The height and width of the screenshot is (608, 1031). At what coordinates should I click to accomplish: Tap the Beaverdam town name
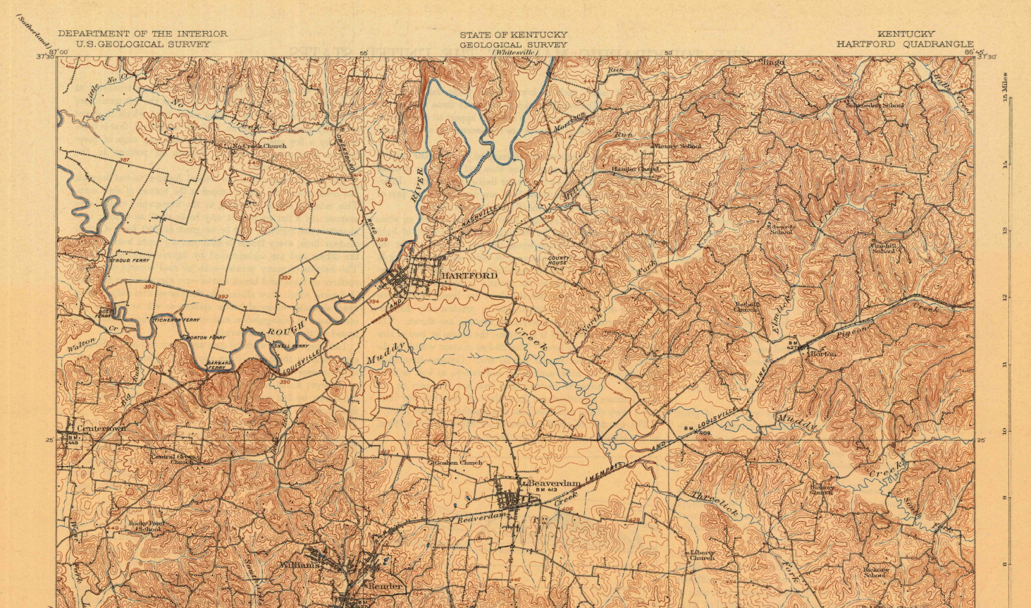tap(554, 483)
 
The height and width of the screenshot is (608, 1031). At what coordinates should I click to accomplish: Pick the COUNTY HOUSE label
tap(558, 262)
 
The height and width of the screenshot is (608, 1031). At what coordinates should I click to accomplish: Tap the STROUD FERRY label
tap(130, 260)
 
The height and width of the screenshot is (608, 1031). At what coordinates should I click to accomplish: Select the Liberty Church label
tap(701, 554)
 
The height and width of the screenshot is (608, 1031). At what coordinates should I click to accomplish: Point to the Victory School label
tap(677, 146)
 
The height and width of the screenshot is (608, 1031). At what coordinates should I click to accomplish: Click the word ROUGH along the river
tap(286, 328)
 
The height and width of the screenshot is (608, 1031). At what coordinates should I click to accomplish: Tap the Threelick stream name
tap(714, 504)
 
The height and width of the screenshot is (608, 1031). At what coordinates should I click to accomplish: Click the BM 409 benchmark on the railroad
tap(695, 430)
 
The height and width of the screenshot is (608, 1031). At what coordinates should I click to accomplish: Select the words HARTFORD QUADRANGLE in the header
tap(905, 44)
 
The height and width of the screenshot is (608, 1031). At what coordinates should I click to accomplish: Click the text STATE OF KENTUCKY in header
tap(513, 35)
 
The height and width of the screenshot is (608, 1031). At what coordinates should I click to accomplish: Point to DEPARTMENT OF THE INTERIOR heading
tap(142, 33)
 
